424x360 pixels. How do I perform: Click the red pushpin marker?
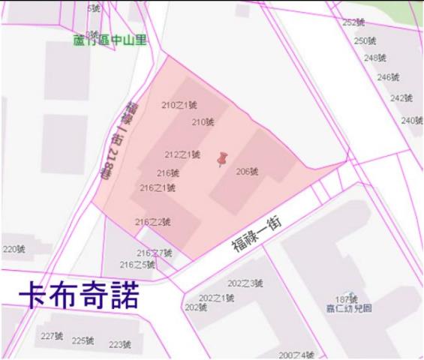click(x=222, y=160)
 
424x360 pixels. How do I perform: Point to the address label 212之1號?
click(x=182, y=154)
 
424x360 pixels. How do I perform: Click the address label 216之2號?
click(x=152, y=221)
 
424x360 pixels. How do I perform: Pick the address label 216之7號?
click(x=155, y=253)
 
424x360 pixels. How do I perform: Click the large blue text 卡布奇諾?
click(x=78, y=295)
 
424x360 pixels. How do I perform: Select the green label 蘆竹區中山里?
click(x=110, y=40)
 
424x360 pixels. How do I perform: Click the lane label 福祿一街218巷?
click(x=121, y=138)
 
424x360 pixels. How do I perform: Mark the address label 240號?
click(x=412, y=121)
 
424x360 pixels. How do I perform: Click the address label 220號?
click(x=14, y=249)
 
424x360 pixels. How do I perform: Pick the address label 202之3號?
click(x=245, y=283)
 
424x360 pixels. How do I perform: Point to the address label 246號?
click(x=388, y=77)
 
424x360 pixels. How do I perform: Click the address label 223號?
click(x=120, y=344)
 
